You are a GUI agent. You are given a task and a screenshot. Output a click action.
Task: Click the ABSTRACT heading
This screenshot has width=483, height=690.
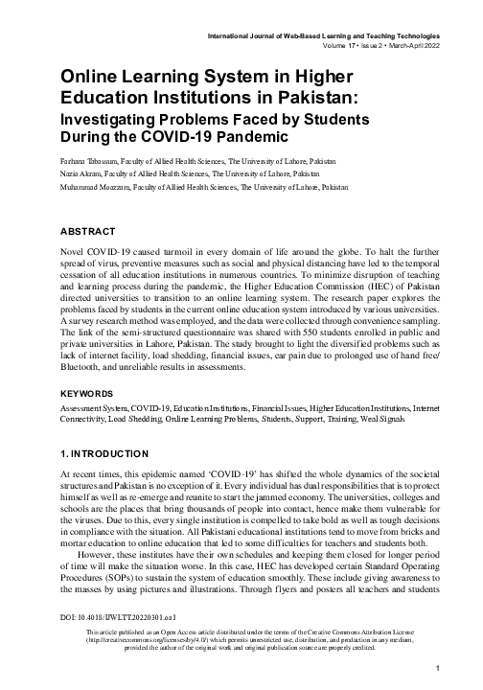coord(88,232)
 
